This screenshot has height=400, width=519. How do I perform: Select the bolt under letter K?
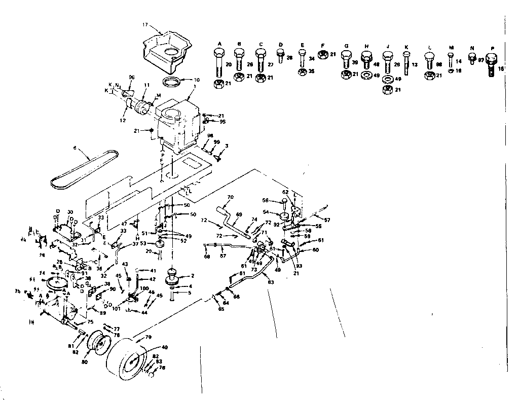(x=406, y=63)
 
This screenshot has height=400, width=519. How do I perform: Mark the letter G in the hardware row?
(x=347, y=46)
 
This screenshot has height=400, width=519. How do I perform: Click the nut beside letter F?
(x=322, y=54)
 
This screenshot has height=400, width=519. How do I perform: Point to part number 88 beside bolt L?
(x=439, y=64)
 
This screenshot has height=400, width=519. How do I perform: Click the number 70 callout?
(x=230, y=197)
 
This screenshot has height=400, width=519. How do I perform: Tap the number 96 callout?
(x=131, y=77)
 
